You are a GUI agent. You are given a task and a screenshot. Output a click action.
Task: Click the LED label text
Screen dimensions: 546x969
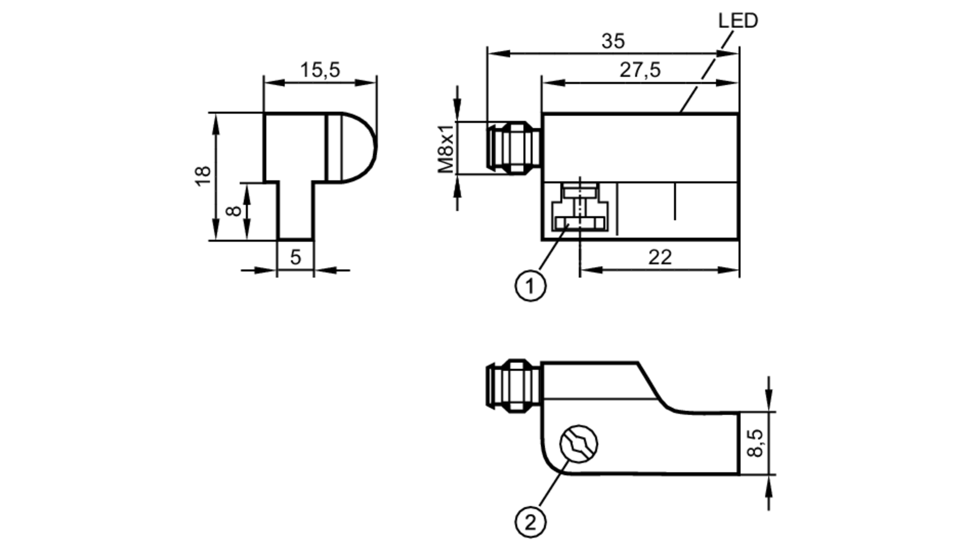(x=738, y=21)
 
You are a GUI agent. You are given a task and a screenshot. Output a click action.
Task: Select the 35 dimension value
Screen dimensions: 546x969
(x=613, y=41)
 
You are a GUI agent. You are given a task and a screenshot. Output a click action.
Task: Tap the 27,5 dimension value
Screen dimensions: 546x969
(x=640, y=70)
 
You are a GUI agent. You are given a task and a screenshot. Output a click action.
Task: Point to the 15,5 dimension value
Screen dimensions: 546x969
(x=320, y=70)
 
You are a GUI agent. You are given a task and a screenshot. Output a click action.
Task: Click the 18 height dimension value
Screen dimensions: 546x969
(x=203, y=175)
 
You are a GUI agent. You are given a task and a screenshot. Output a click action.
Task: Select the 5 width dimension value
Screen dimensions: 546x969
(x=296, y=257)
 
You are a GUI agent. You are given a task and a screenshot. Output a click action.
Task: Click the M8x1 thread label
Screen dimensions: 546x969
(x=446, y=148)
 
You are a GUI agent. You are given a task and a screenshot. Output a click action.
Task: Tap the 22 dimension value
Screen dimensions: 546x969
(x=660, y=257)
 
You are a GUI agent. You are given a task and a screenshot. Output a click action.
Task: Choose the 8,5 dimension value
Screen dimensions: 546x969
(x=755, y=443)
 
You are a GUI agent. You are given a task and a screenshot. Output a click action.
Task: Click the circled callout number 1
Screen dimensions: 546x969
(x=530, y=286)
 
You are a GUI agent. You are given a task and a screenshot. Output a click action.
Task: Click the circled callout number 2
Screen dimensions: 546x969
(x=530, y=522)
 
